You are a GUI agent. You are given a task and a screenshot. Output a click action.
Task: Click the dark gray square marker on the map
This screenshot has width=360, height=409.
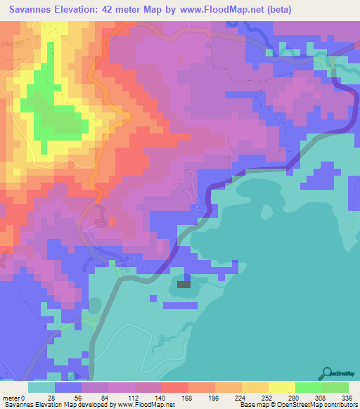coord(184,284)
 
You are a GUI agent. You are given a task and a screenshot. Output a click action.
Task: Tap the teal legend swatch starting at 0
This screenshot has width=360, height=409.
coord(41,387)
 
